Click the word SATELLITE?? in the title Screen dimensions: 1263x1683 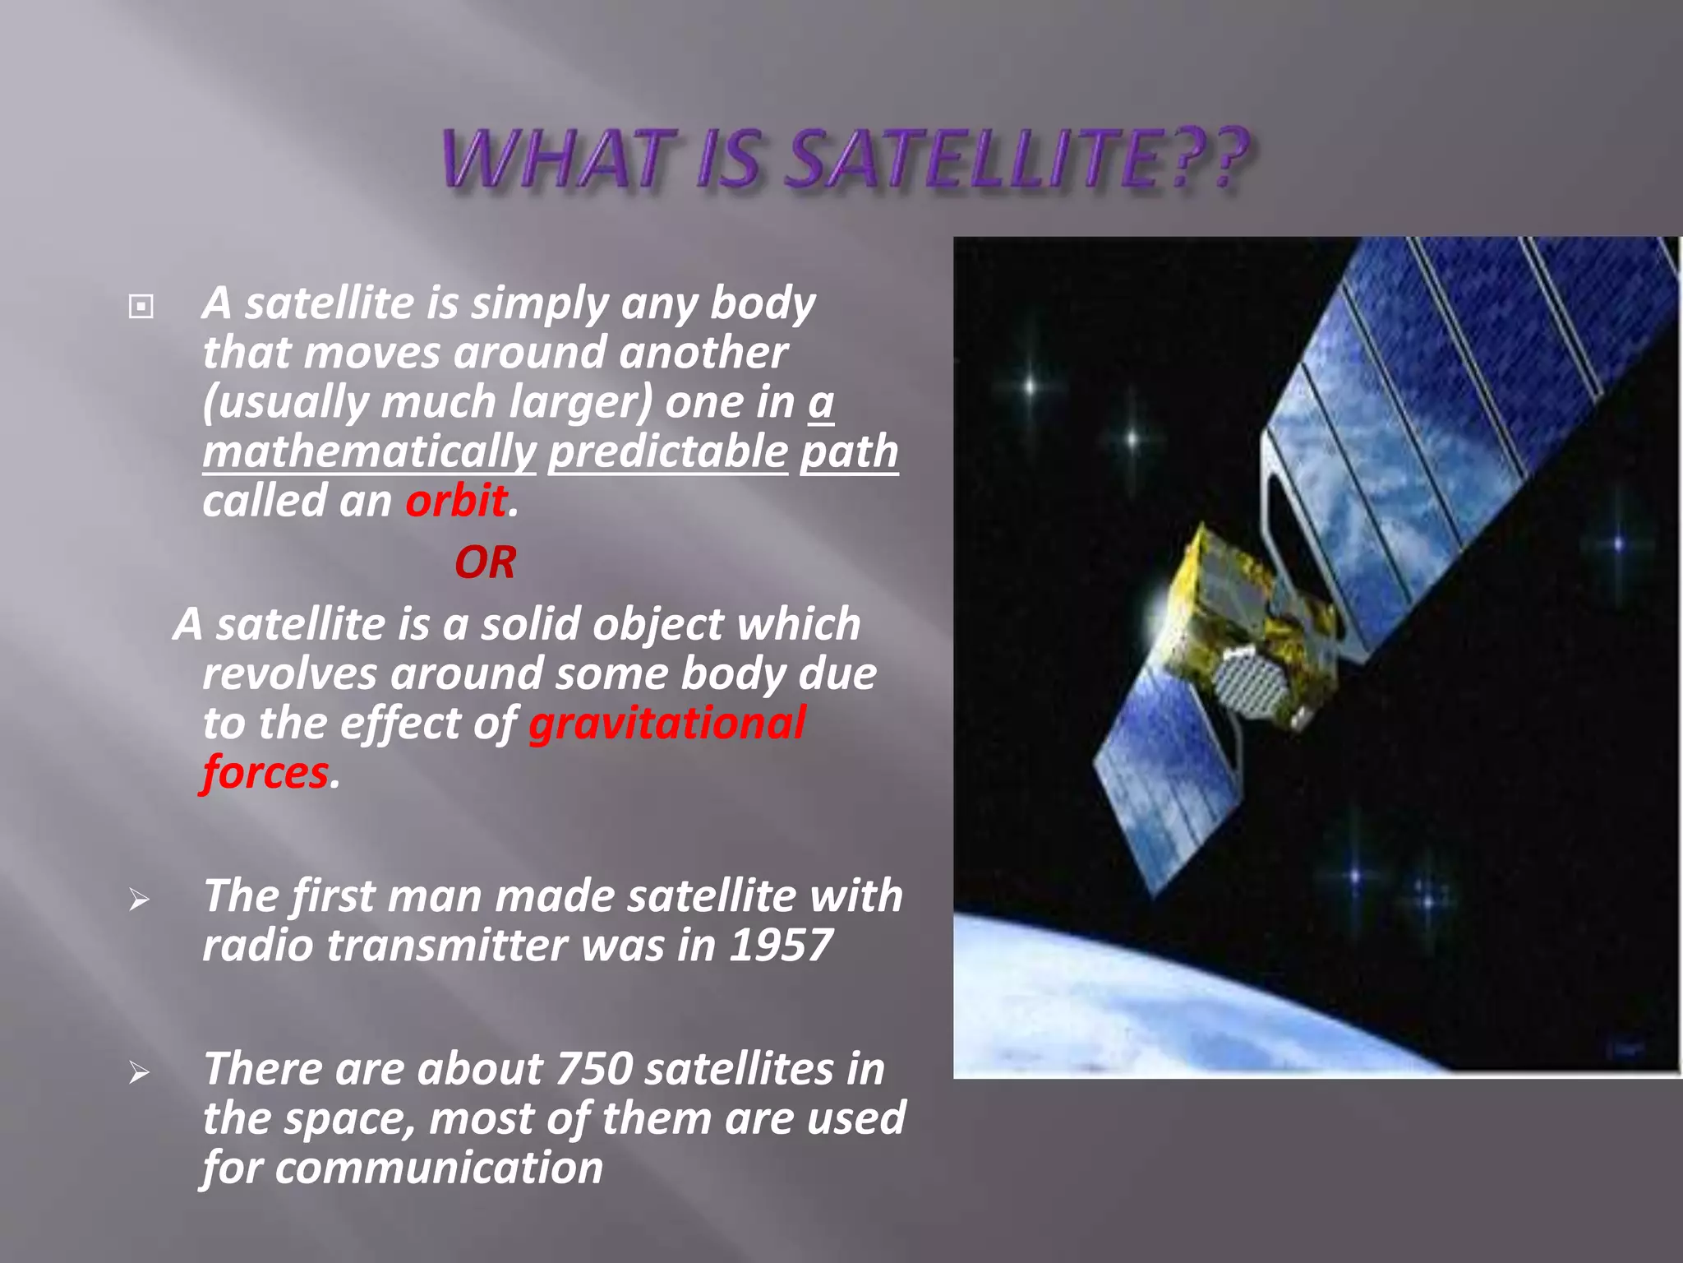pos(1017,160)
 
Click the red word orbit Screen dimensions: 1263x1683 pos(456,501)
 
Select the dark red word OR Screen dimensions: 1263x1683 pos(485,563)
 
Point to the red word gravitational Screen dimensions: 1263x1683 pos(666,724)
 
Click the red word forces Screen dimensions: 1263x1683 pos(265,773)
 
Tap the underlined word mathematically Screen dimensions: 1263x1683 pos(369,452)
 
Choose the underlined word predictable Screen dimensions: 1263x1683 pos(667,452)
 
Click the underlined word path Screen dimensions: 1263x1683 pos(849,452)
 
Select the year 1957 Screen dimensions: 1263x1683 pos(781,946)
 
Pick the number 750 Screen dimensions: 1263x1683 pos(594,1069)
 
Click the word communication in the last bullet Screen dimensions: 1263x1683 pos(439,1168)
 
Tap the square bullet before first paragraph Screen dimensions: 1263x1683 pos(141,307)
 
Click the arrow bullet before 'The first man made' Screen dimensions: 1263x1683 pos(139,900)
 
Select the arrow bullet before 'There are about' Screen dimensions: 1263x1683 pos(139,1072)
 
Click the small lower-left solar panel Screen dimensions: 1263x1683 pos(1167,781)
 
